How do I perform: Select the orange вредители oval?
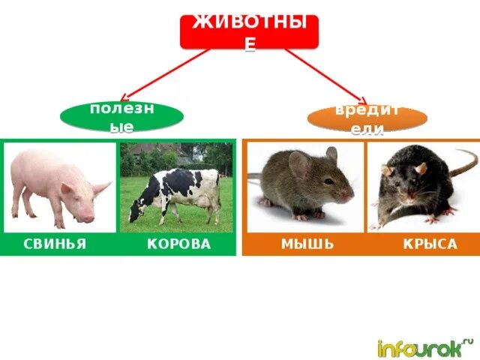[367, 118]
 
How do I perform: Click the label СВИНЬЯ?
[53, 245]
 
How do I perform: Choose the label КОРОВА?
[178, 245]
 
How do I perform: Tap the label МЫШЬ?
[307, 245]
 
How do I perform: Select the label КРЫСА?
[429, 245]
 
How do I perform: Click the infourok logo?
[424, 347]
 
